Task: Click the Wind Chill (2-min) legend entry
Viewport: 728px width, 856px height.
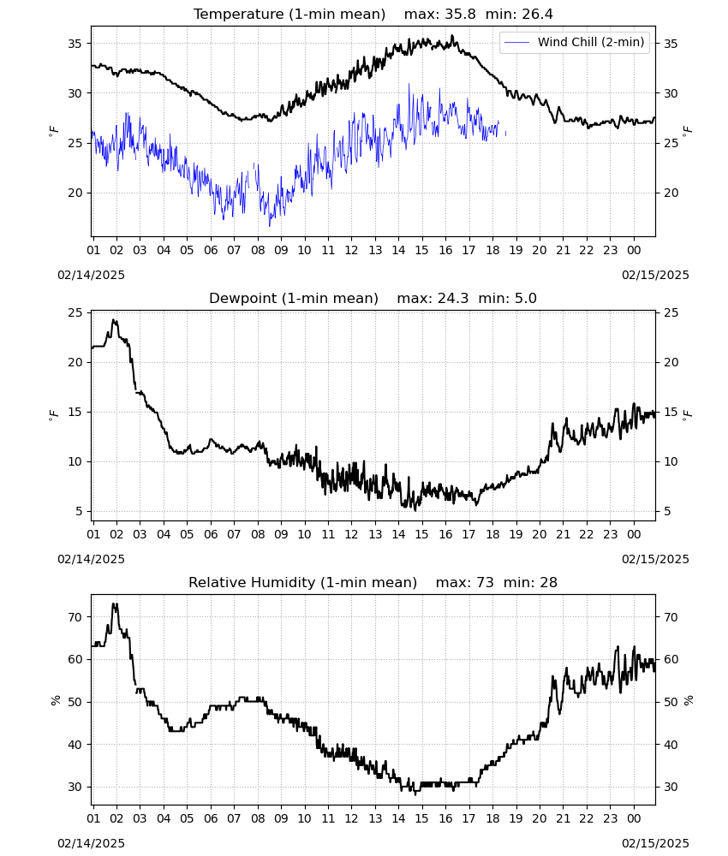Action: (575, 42)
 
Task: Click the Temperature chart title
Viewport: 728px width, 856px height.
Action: (373, 14)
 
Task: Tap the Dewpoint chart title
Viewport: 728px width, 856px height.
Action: (373, 298)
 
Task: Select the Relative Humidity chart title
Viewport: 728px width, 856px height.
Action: (373, 582)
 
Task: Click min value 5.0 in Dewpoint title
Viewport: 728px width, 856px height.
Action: (526, 298)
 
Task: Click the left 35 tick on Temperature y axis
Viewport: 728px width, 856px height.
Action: (75, 44)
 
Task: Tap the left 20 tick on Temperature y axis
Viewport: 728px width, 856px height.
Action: (75, 193)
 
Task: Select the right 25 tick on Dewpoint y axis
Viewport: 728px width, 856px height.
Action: (671, 312)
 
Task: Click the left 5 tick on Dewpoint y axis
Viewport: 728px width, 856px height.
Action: (79, 512)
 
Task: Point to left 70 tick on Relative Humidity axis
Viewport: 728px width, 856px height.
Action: (75, 617)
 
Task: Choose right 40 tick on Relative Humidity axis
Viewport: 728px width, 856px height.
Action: (671, 745)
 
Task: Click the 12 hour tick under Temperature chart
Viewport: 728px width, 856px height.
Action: (351, 250)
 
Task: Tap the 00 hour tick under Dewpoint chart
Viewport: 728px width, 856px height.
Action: (634, 534)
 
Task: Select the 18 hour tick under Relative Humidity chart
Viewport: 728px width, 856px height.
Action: (492, 819)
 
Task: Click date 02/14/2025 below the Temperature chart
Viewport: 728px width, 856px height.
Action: (91, 275)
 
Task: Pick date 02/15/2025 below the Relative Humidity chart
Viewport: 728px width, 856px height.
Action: (655, 843)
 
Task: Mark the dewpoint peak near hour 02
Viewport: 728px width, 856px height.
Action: (114, 320)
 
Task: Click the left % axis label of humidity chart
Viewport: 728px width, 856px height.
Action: (55, 700)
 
